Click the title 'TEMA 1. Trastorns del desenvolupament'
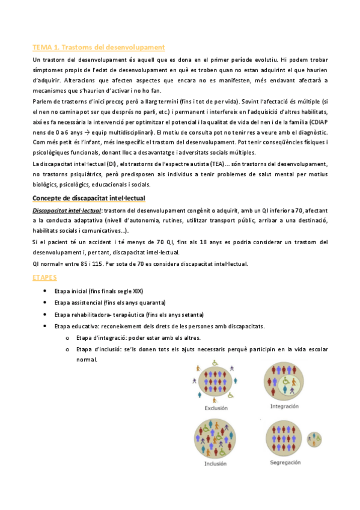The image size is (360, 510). click(x=99, y=47)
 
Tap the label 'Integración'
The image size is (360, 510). click(x=285, y=407)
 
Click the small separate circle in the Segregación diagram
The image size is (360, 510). click(x=314, y=437)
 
